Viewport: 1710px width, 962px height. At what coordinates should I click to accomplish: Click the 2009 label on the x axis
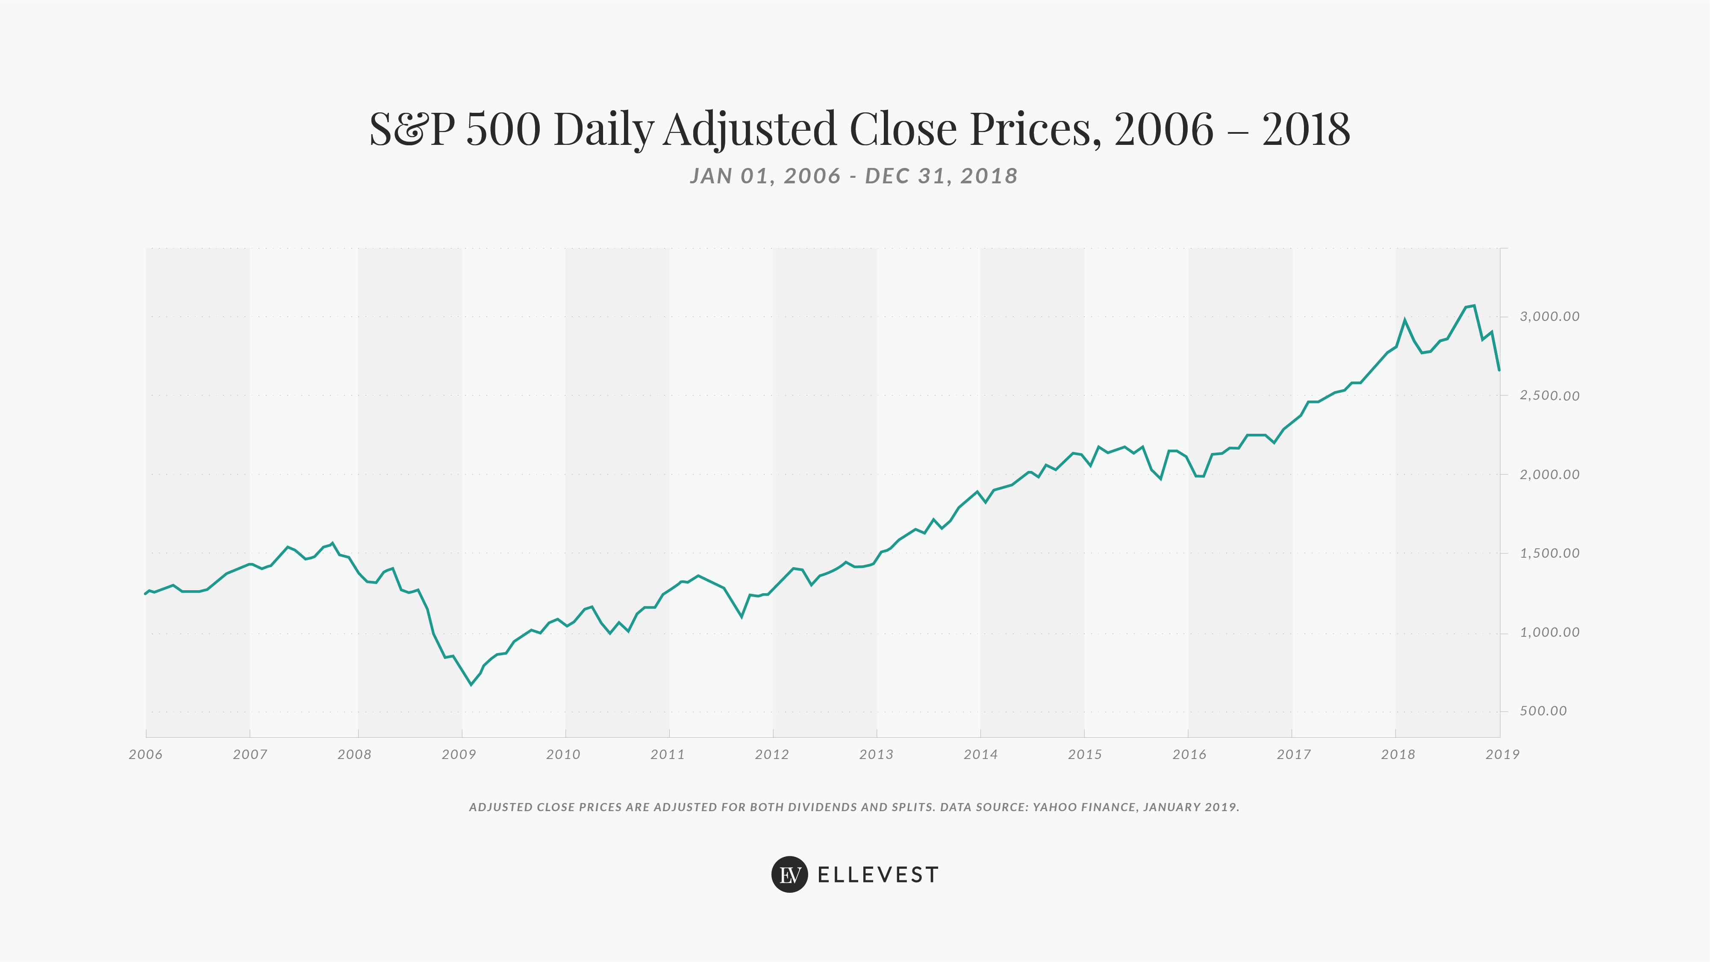click(459, 754)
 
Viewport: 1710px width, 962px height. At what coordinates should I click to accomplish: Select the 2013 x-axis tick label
click(876, 754)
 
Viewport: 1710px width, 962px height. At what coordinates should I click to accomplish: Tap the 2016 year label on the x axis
click(1189, 754)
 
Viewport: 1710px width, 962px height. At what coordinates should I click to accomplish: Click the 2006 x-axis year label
click(145, 754)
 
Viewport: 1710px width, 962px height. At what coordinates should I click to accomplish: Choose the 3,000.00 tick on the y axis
click(1549, 317)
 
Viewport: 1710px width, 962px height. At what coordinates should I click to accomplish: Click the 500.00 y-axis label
click(1543, 711)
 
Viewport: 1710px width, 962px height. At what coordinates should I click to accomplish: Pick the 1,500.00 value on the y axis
click(1549, 553)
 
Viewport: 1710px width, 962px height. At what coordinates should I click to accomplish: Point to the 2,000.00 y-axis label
click(1549, 474)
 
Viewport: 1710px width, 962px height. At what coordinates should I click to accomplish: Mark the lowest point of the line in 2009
click(471, 684)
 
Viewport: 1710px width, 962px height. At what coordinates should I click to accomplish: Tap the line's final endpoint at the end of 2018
click(1499, 370)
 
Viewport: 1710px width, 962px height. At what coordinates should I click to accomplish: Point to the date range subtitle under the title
click(854, 176)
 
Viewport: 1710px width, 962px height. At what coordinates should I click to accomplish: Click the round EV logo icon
click(789, 874)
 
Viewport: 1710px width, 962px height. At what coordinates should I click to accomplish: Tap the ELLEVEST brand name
click(877, 875)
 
